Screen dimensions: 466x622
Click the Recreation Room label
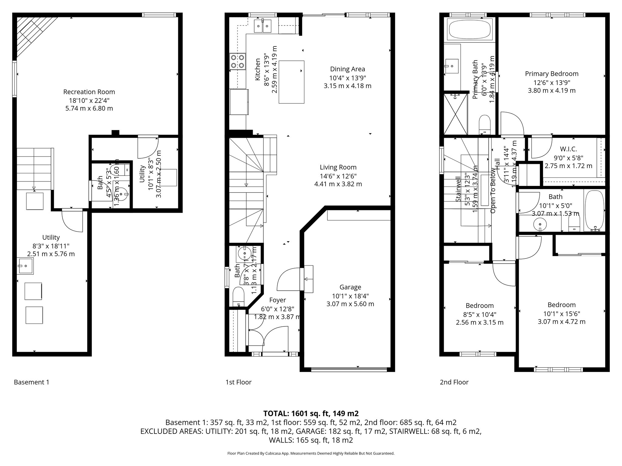(x=89, y=92)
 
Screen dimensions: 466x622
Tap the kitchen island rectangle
(x=292, y=82)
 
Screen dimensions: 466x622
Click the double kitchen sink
(x=262, y=26)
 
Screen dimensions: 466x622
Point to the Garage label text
(x=350, y=287)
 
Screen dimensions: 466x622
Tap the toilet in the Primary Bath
(x=485, y=124)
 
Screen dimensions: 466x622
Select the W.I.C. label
(x=568, y=149)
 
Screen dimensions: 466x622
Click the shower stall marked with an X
(x=456, y=114)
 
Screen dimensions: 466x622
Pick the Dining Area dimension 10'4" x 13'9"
(x=347, y=78)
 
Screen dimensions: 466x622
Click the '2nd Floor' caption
(x=454, y=382)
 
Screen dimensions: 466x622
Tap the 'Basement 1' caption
(x=31, y=382)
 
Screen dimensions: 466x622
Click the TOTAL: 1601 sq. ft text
(x=311, y=413)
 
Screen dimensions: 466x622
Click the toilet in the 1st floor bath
(x=238, y=297)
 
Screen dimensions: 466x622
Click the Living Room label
(x=338, y=167)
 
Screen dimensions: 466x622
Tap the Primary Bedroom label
(x=552, y=74)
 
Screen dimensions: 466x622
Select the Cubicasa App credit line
(x=311, y=453)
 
